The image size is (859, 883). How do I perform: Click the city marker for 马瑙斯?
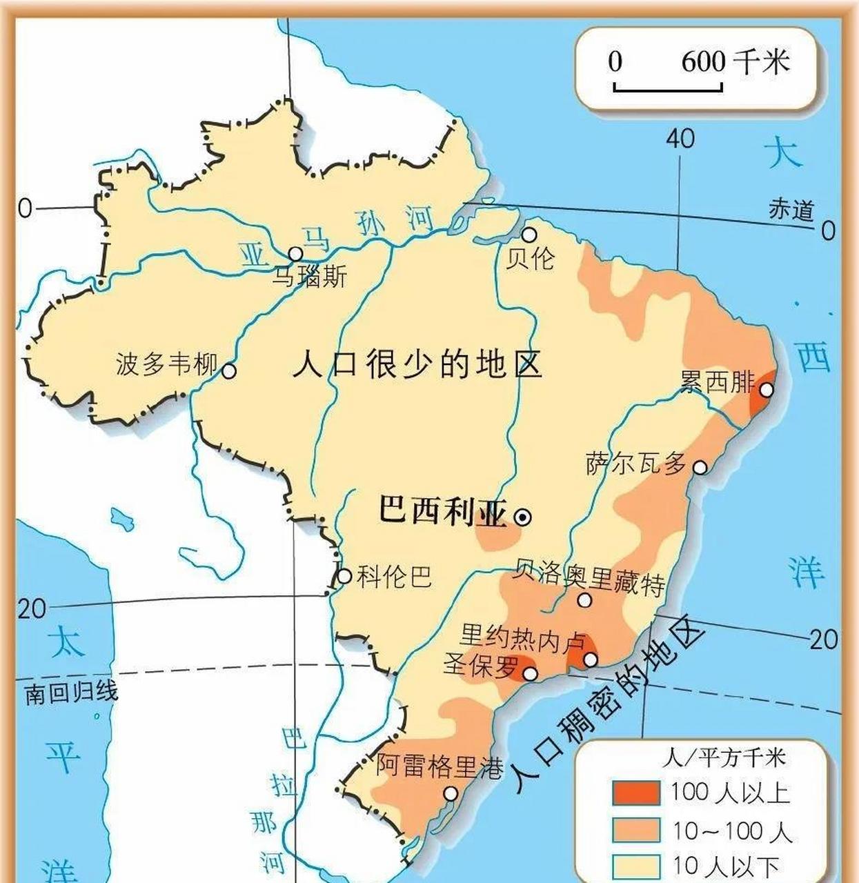(295, 254)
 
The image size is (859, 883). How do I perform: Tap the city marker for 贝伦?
(529, 235)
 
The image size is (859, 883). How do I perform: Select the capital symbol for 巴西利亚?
(523, 517)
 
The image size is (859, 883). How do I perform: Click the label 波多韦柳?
(166, 364)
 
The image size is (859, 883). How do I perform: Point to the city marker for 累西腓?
(767, 390)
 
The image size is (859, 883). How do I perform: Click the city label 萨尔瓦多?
(636, 464)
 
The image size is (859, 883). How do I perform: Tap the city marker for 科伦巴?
(344, 576)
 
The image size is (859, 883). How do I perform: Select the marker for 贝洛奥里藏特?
(584, 600)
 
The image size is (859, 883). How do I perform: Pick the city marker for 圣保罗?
(530, 673)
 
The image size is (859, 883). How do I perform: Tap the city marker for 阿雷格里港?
(451, 794)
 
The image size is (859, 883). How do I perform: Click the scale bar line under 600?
(667, 89)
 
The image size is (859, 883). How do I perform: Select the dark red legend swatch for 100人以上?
(635, 793)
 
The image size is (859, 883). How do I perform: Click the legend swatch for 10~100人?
(635, 830)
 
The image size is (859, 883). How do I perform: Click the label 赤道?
(791, 210)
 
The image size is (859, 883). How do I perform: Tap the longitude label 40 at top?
(680, 139)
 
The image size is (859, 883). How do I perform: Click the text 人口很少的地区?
(417, 364)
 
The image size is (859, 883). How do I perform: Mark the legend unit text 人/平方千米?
(724, 758)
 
